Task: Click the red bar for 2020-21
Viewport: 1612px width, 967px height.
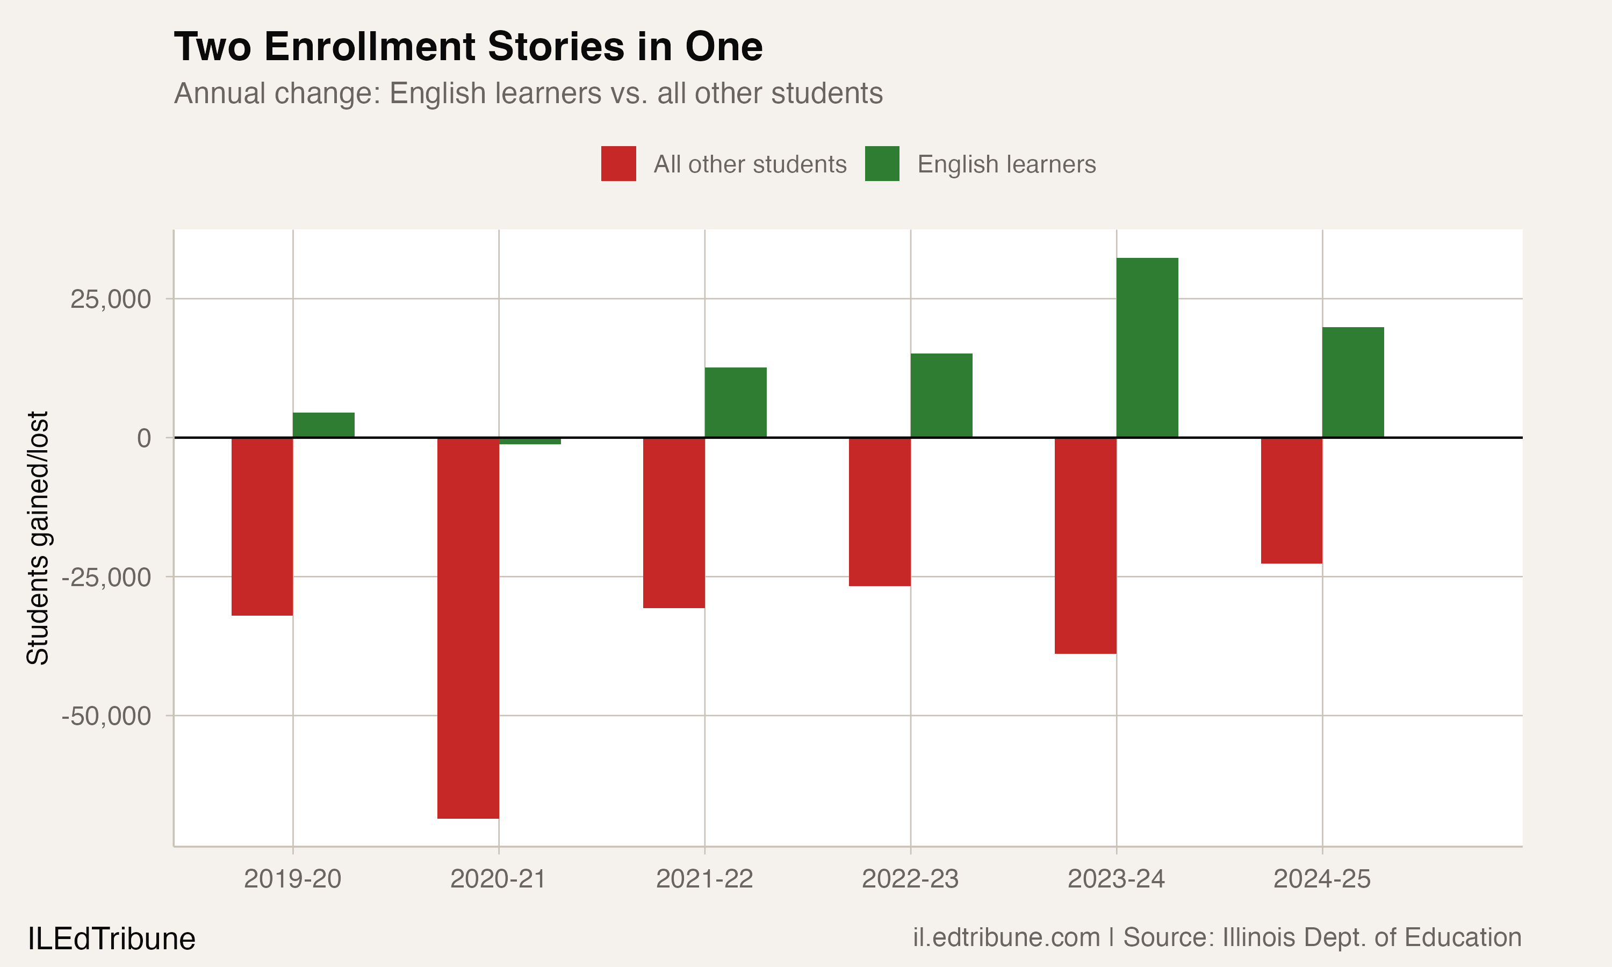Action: coord(468,627)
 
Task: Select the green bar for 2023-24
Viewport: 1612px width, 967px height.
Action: coord(1147,347)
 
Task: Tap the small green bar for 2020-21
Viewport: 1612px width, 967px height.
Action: coord(530,441)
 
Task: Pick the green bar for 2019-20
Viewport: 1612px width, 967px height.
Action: coord(323,425)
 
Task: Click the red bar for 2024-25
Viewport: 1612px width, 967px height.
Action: coord(1291,501)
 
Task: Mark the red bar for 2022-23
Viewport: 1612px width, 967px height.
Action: coord(880,511)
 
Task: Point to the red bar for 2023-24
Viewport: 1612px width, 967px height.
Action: coord(1085,545)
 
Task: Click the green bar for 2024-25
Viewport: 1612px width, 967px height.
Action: coord(1352,382)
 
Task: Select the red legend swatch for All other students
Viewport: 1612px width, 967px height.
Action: coord(618,163)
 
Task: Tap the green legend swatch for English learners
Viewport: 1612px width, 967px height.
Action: coord(882,163)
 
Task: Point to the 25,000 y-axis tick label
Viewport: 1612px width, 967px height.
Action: coord(110,299)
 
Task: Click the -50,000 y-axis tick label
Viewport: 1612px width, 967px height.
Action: coord(106,716)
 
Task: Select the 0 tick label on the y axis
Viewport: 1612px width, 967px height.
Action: coord(144,438)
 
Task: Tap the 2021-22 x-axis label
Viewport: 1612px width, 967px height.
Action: coord(704,879)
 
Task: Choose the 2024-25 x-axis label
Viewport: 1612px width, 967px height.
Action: coord(1322,879)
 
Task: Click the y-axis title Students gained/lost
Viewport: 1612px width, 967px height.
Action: coord(38,538)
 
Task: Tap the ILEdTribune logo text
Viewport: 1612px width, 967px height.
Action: coord(111,939)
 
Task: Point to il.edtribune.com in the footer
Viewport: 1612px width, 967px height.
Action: coord(1006,937)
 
